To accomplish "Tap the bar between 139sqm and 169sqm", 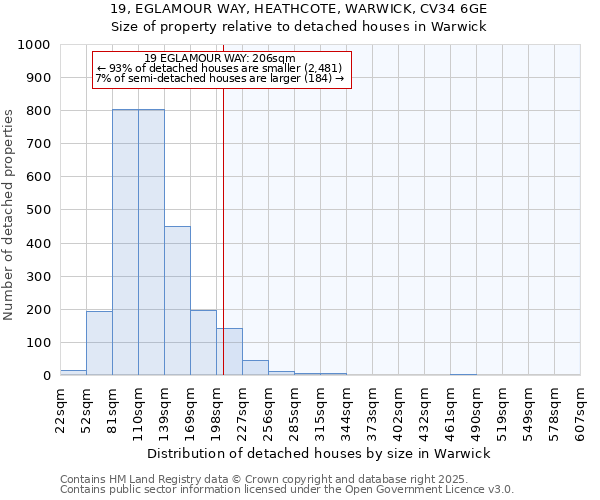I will (x=177, y=300).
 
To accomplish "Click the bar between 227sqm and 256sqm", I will (x=255, y=367).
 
